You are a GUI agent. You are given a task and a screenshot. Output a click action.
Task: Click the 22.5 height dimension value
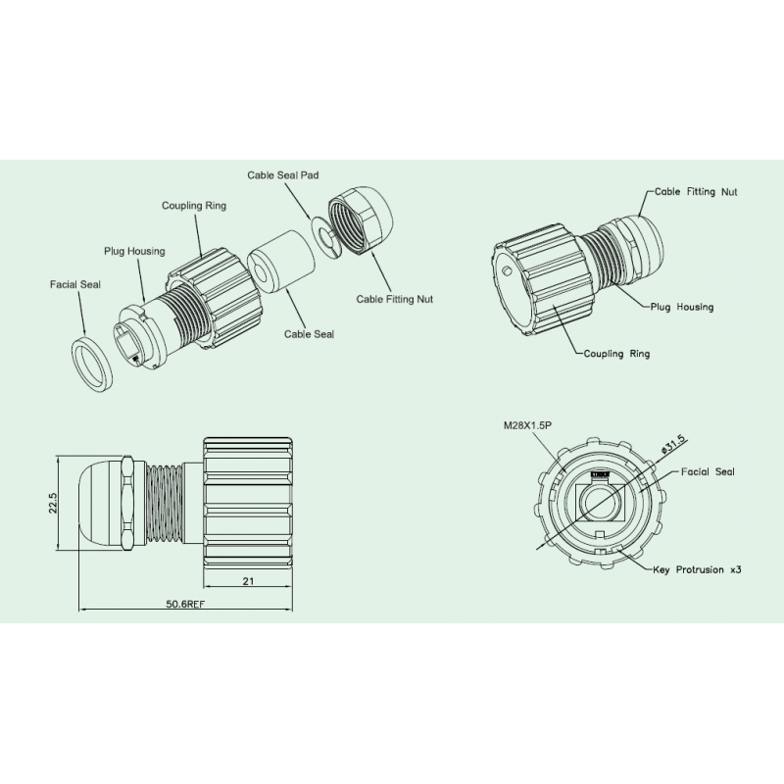pos(55,502)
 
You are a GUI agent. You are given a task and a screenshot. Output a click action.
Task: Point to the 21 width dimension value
pos(249,582)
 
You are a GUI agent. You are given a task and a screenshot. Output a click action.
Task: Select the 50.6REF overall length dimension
pos(186,604)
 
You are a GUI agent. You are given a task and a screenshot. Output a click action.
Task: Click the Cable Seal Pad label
pos(282,174)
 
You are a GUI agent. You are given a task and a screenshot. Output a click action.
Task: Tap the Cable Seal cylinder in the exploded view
pos(282,261)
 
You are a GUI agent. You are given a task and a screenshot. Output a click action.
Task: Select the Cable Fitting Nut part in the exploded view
pos(360,221)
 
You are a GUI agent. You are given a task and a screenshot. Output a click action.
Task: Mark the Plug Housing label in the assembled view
pos(682,307)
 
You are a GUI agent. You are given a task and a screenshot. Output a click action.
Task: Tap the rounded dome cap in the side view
pos(101,503)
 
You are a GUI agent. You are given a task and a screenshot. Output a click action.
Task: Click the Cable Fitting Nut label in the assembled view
pos(696,192)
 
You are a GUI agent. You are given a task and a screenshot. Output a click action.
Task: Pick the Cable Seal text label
pos(309,333)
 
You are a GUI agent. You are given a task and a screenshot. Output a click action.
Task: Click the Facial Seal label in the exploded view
pos(76,285)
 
